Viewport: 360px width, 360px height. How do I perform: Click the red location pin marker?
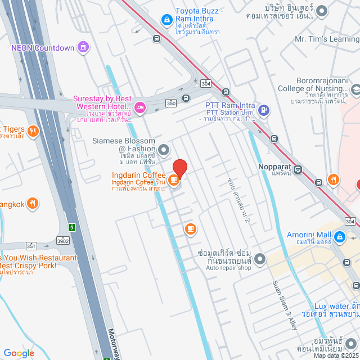[x=179, y=168]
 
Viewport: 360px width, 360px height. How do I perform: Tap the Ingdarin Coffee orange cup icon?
[x=174, y=181]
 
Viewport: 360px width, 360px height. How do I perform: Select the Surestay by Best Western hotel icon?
[x=140, y=107]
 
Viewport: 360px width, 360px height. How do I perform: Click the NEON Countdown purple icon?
[x=83, y=47]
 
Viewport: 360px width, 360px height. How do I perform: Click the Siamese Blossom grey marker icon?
[x=164, y=150]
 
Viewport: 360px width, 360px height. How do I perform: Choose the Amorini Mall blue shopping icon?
[x=339, y=238]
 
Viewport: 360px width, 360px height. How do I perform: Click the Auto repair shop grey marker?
[x=259, y=259]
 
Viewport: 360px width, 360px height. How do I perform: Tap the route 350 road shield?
[x=171, y=103]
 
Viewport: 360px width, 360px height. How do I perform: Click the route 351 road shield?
[x=31, y=245]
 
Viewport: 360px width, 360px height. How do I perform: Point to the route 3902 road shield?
[x=63, y=241]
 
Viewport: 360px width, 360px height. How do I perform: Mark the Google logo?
[x=19, y=353]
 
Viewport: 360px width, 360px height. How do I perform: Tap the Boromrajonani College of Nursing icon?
[x=355, y=90]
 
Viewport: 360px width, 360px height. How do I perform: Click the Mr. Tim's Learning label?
[x=327, y=39]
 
